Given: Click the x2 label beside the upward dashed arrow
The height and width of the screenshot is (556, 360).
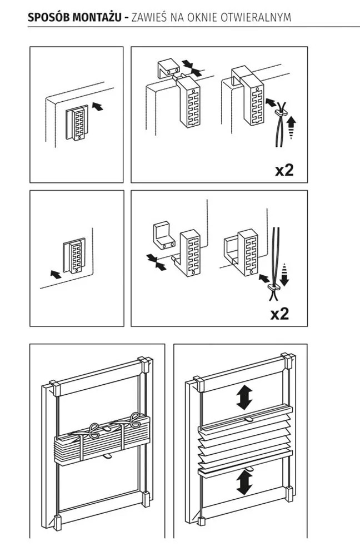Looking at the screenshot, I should pos(284,169).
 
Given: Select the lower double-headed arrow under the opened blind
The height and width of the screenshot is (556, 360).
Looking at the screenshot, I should pos(243,481).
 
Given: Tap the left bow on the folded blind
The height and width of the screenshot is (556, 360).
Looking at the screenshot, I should pos(94,429).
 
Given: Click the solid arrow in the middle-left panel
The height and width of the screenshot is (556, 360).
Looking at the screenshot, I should pos(56,274).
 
